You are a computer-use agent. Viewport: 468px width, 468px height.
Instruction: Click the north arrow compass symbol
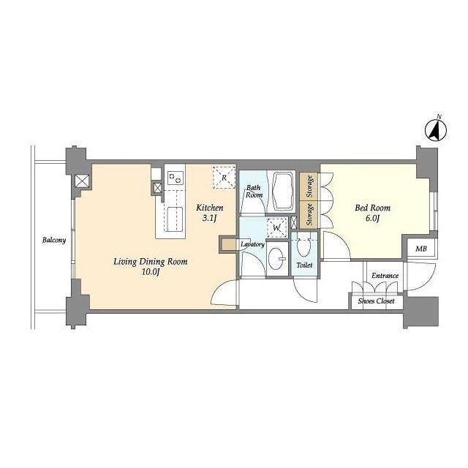436,130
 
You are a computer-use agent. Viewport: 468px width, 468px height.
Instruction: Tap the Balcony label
54,240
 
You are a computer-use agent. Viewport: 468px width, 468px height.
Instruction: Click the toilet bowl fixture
304,246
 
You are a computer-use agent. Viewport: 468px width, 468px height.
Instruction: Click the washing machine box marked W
277,227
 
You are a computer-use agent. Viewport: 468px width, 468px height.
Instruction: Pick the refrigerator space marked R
224,178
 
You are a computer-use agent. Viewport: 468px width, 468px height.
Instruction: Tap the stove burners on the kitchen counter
175,178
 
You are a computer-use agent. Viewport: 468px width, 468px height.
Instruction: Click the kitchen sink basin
174,219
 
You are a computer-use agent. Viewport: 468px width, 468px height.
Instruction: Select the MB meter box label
421,249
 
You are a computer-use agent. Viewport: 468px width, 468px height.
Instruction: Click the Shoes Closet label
376,301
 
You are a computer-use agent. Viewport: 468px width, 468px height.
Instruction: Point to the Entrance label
385,276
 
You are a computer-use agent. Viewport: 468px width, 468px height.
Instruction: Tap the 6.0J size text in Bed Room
372,219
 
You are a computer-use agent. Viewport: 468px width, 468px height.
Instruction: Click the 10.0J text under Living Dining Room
150,272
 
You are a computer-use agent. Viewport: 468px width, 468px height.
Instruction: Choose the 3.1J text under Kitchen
209,218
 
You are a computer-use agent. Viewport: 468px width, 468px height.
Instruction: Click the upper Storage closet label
309,186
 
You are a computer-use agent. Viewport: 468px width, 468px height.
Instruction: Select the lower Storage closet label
309,214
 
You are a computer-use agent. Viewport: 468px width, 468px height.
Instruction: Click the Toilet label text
304,265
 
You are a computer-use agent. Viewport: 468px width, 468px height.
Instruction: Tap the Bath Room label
254,192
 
